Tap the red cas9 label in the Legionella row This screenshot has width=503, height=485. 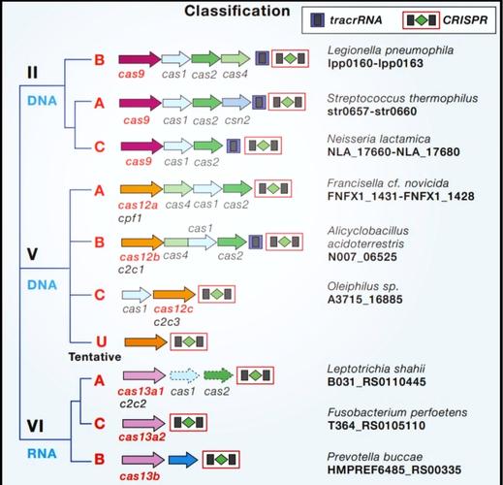pos(137,76)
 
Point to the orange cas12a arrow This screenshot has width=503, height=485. pos(139,190)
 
